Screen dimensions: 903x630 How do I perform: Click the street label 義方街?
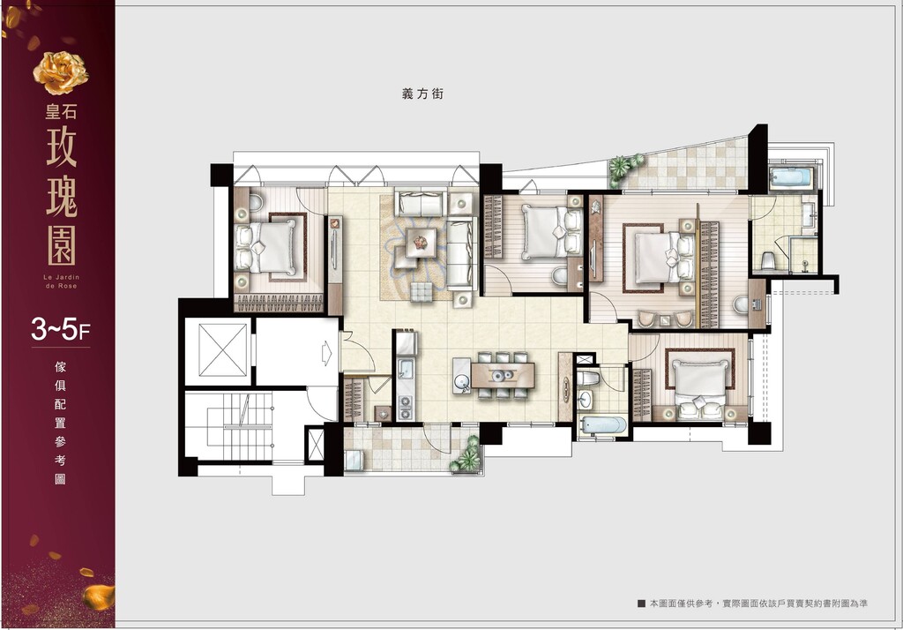[422, 94]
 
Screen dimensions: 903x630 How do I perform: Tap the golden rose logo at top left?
[61, 72]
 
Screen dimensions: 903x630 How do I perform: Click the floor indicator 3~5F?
[61, 331]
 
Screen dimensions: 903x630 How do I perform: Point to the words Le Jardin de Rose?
[61, 281]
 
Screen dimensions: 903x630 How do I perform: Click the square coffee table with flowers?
[421, 243]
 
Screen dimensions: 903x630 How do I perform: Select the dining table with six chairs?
[503, 375]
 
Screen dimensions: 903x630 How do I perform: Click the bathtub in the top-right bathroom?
[791, 177]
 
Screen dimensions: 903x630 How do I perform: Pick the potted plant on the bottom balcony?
[466, 456]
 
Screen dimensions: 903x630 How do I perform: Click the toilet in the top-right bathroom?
[768, 260]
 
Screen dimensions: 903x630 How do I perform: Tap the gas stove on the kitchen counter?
[406, 407]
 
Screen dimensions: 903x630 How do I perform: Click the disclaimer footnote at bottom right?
[752, 604]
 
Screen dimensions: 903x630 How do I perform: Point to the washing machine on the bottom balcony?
[354, 461]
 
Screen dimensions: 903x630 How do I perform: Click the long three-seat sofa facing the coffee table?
[461, 253]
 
